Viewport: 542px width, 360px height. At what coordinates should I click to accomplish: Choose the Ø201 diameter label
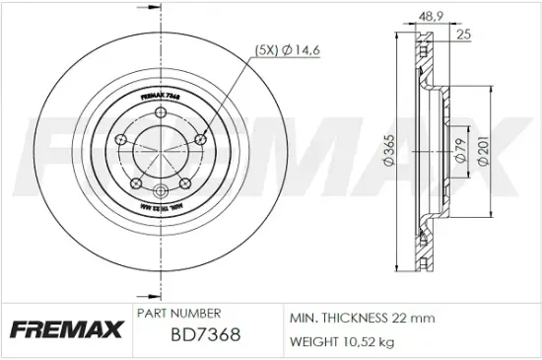[x=482, y=150]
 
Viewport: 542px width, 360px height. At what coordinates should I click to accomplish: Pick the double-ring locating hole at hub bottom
[x=159, y=190]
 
